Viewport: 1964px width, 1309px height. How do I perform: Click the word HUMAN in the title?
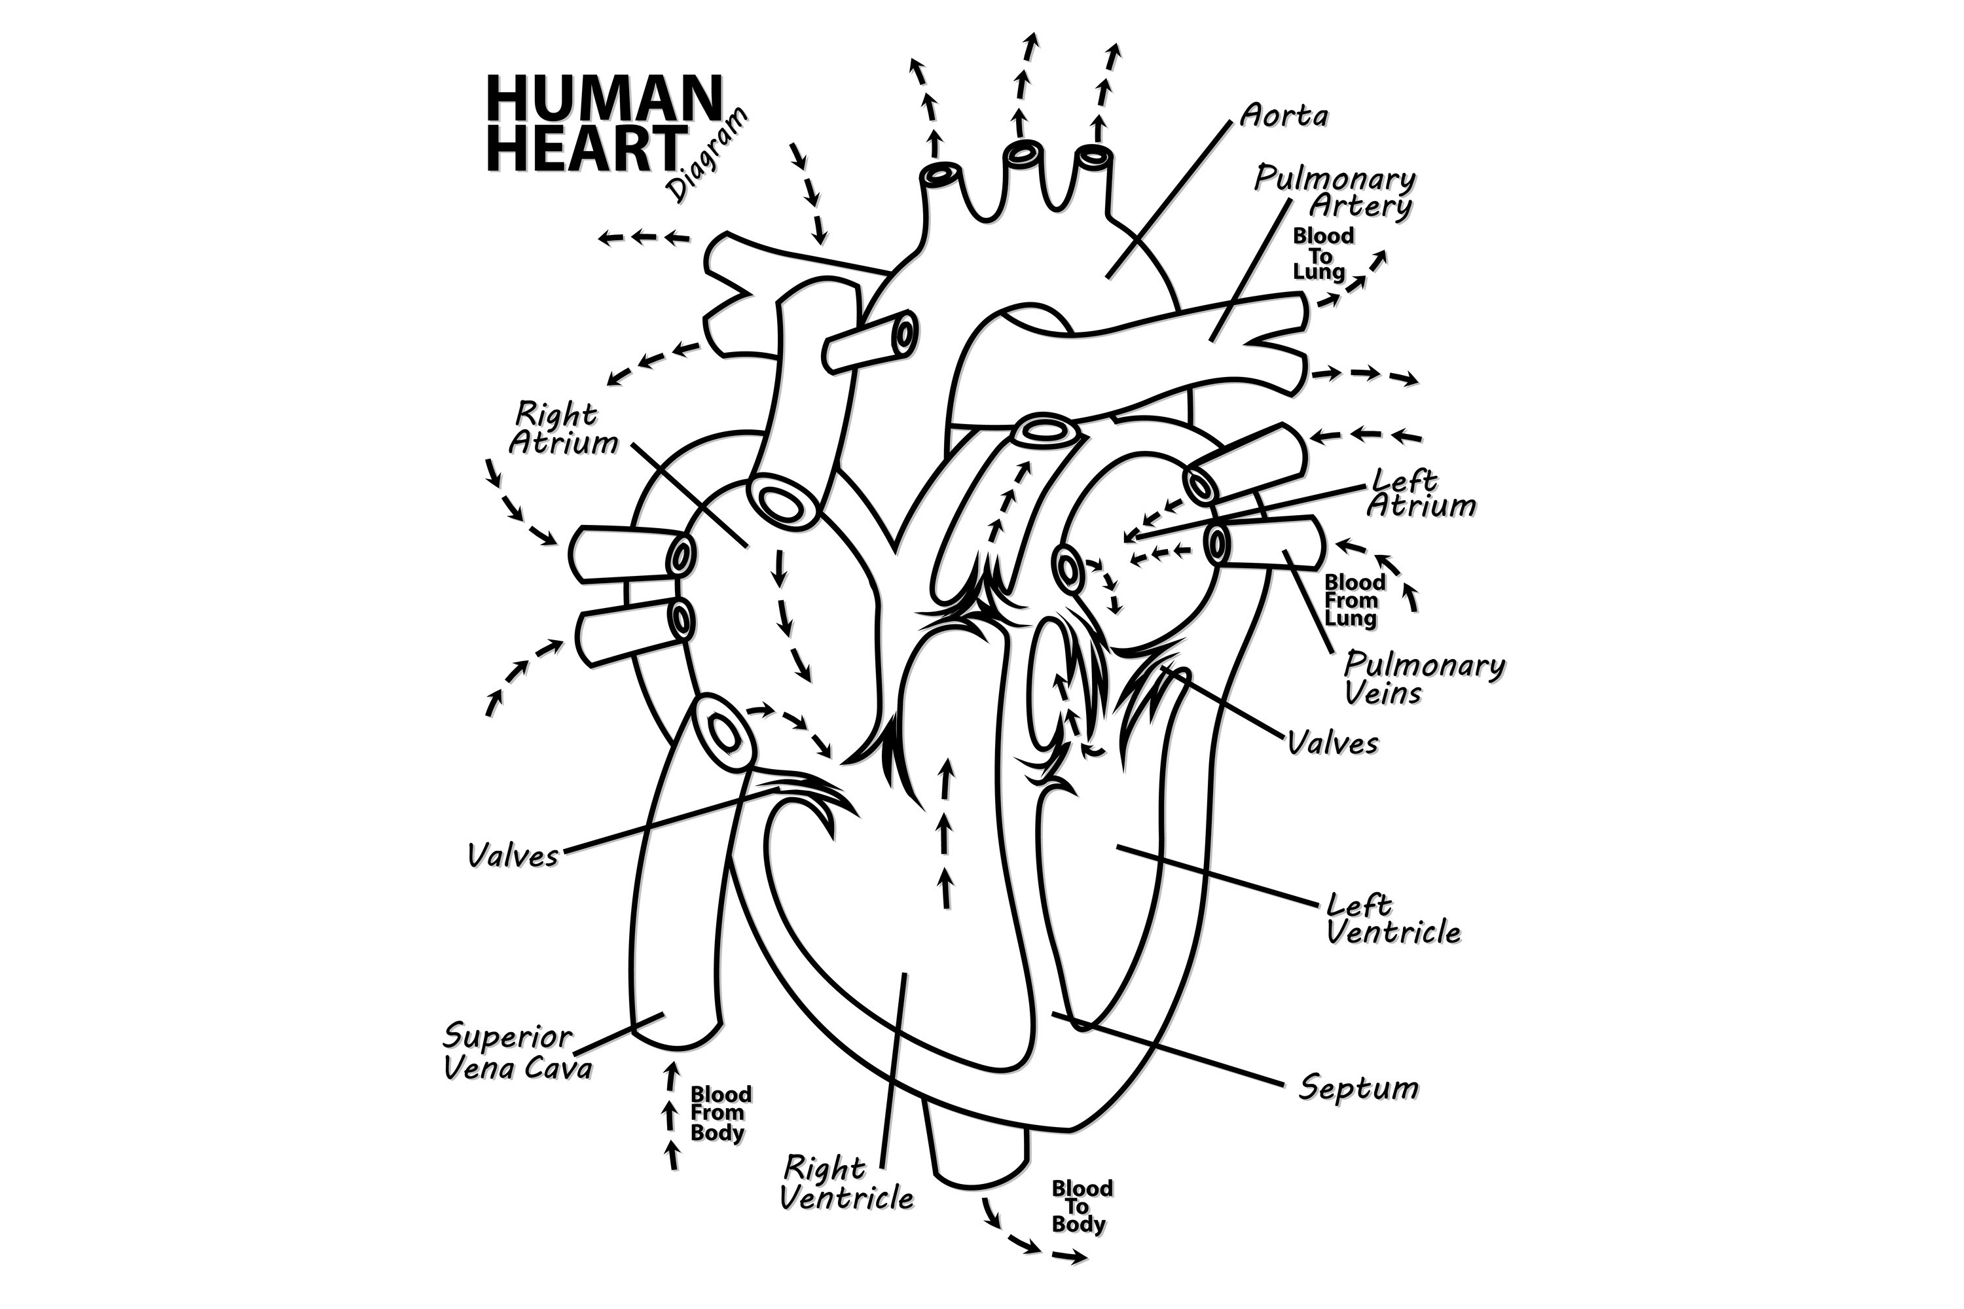603,99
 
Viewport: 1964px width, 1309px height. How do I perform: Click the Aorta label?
1283,116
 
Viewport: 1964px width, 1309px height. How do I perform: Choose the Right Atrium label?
564,428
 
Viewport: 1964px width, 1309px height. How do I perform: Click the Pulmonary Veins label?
1424,679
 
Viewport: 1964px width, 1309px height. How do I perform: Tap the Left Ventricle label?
1393,919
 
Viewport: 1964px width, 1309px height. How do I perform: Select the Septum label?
1358,1088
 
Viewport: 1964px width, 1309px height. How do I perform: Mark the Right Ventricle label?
846,1183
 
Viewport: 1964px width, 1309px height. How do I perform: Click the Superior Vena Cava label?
518,1052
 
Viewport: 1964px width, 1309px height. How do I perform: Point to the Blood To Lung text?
1322,254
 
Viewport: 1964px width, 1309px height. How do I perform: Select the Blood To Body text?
1082,1206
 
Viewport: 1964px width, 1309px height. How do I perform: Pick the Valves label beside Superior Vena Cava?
513,855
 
